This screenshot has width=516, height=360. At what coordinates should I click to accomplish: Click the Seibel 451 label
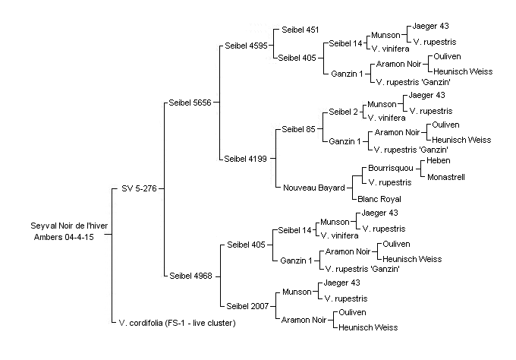[x=300, y=30]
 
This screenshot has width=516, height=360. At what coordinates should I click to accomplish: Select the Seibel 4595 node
[x=246, y=46]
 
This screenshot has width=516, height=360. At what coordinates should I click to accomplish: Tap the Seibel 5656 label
[x=190, y=103]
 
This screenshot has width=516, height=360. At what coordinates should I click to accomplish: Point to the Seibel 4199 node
[x=246, y=159]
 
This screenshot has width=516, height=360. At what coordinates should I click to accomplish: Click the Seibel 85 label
[x=298, y=129]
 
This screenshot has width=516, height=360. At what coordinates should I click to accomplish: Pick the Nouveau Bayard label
[x=314, y=188]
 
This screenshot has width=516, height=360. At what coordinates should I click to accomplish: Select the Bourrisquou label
[x=391, y=169]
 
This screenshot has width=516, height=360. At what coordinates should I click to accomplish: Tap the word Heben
[x=439, y=161]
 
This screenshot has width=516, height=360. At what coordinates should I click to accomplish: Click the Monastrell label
[x=446, y=177]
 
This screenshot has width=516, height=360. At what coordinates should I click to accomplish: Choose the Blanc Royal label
[x=379, y=199]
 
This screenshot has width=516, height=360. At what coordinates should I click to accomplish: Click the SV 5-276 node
[x=139, y=188]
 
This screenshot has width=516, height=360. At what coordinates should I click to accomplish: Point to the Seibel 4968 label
[x=191, y=276]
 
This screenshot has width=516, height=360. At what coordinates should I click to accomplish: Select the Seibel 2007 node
[x=247, y=306]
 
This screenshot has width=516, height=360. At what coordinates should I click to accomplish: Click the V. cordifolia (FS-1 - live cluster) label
[x=178, y=323]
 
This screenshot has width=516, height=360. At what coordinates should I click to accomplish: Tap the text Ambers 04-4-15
[x=64, y=237]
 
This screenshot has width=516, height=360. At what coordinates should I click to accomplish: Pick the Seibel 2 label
[x=343, y=112]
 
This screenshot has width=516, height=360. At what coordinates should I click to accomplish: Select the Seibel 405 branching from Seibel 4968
[x=246, y=245]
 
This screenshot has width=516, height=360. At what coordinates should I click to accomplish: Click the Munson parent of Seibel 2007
[x=297, y=292]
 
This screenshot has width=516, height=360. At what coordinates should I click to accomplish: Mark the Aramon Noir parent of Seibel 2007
[x=304, y=320]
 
